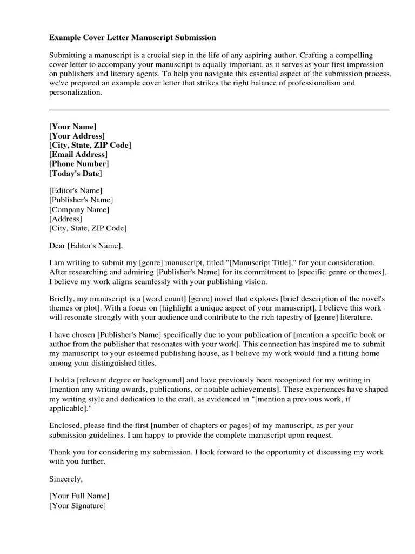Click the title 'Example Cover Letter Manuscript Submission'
132,38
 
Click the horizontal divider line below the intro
219,110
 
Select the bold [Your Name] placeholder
73,127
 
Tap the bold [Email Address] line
78,154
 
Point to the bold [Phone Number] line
79,163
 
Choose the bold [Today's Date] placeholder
75,173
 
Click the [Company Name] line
79,209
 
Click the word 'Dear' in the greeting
57,246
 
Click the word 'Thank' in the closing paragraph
59,452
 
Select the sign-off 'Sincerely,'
66,479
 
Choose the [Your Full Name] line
79,496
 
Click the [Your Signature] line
77,506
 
